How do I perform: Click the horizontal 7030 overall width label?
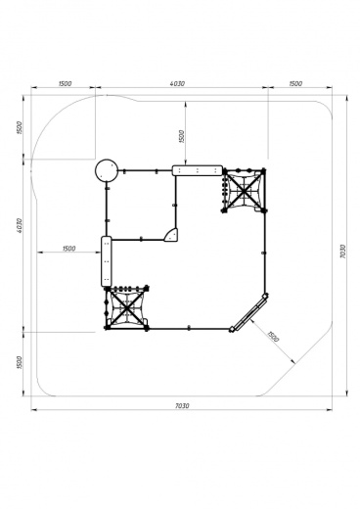point(182,406)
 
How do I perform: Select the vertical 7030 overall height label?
point(342,252)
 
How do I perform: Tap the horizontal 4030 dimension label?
point(177,83)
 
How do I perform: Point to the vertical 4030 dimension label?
point(19,225)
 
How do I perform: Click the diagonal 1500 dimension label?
point(272,337)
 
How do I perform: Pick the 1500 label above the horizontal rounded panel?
point(182,136)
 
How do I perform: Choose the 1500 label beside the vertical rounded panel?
point(68,249)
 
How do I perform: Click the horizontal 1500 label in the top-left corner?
point(65,83)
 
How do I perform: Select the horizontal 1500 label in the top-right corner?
point(295,83)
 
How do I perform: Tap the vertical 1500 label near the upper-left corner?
point(19,127)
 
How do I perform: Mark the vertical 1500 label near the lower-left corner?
point(19,362)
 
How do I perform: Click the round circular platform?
point(107,170)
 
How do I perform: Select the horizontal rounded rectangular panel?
point(198,170)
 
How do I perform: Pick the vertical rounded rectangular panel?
point(107,261)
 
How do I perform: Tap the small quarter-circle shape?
point(172,235)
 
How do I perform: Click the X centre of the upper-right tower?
point(244,190)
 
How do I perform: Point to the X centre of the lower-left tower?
point(126,307)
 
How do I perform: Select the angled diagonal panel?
point(249,313)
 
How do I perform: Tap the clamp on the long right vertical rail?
point(264,253)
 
